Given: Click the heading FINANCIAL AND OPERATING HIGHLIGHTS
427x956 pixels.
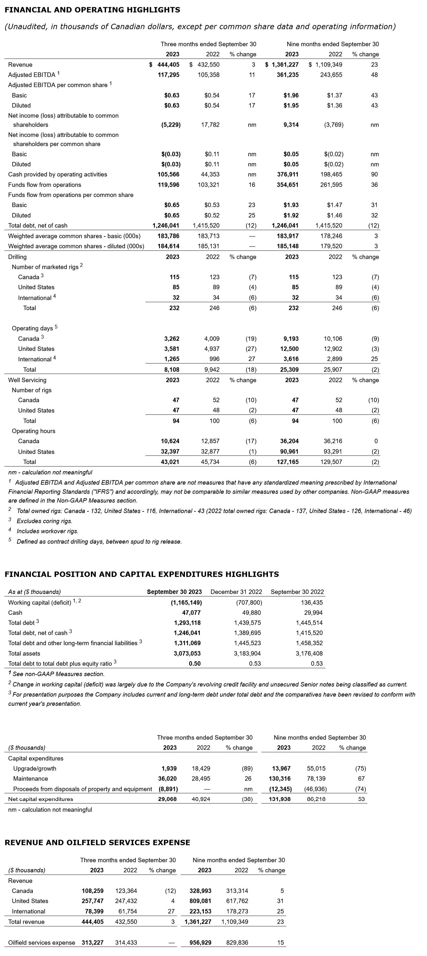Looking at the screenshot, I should click(92, 10).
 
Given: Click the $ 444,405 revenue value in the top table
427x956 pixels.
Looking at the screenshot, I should click(164, 65).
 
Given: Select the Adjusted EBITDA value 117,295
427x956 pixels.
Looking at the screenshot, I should click(169, 74).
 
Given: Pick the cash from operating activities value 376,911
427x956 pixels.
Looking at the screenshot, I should click(288, 175).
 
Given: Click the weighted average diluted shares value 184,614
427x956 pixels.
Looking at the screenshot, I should click(169, 246).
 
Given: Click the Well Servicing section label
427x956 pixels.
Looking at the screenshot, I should click(27, 380).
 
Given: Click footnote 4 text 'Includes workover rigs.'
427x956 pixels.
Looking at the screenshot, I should click(47, 531).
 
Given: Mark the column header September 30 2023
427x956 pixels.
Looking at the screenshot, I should click(174, 591).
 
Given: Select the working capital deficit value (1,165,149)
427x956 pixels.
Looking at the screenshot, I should click(186, 602).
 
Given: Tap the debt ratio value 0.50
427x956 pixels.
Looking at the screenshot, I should click(194, 663).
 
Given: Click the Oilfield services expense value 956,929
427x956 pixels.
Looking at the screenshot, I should click(200, 942).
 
